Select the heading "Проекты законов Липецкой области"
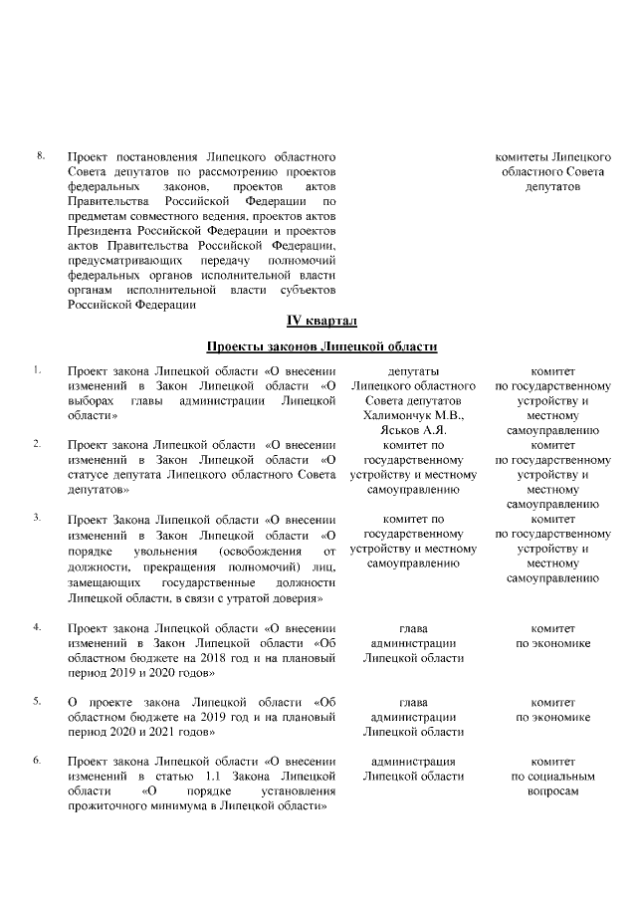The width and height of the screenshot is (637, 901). coord(321,346)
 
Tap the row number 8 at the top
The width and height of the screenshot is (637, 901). coord(41,156)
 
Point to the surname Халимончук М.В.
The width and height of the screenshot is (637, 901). coord(407,415)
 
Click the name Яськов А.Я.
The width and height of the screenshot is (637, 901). coord(407,430)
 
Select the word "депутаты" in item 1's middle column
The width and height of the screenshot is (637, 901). coord(407,370)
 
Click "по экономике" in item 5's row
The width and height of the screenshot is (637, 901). coord(553,717)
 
